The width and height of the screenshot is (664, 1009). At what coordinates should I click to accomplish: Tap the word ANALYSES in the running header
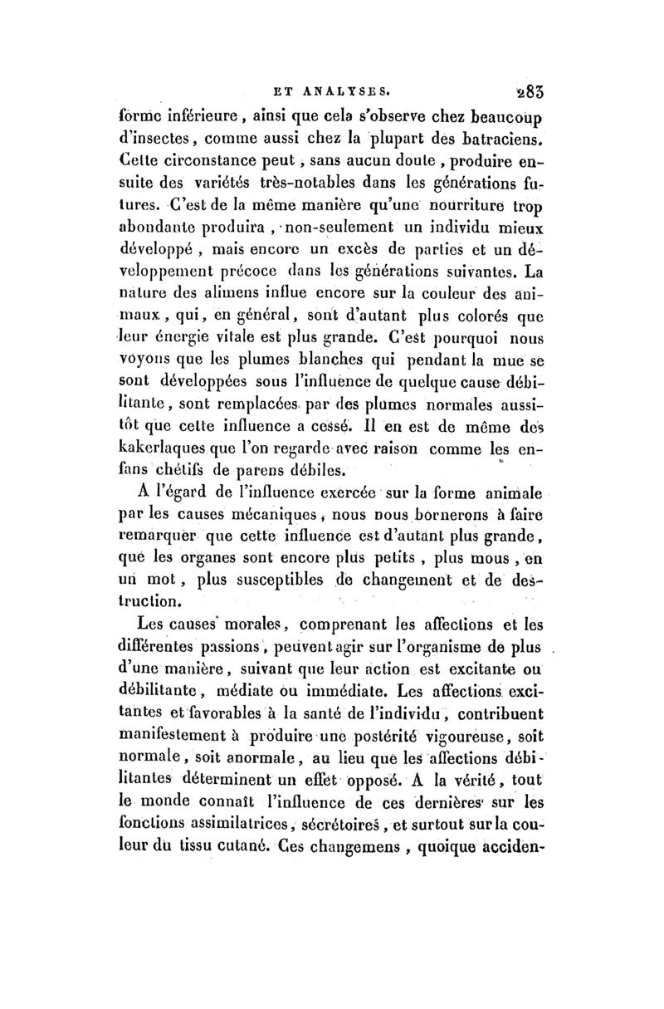tap(340, 86)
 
